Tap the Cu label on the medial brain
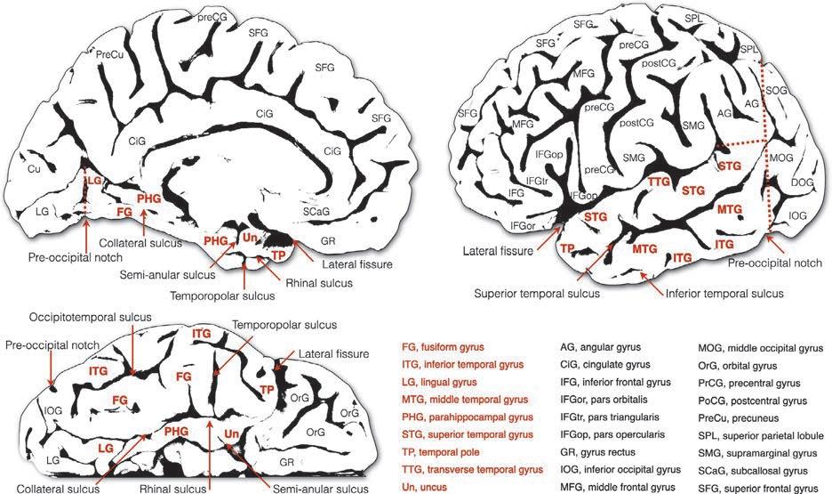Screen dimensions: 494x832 pos(35,168)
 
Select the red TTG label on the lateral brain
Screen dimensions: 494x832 pos(659,182)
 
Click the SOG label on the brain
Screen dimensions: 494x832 pos(775,116)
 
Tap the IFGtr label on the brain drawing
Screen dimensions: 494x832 pos(537,181)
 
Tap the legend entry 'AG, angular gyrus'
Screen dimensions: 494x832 pos(601,346)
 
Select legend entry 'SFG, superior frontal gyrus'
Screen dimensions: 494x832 pos(757,487)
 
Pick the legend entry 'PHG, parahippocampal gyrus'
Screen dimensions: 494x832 pos(468,417)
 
